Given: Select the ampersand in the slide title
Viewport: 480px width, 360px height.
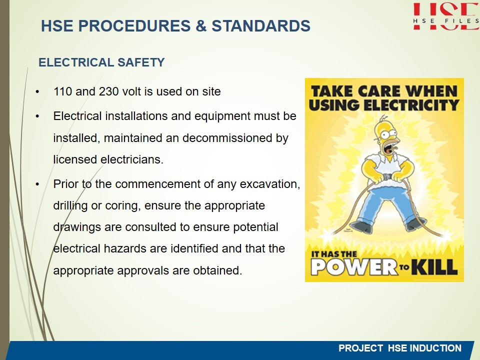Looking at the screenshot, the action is coord(201,25).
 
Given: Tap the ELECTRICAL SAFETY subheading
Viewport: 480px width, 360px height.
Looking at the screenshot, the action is coord(101,62).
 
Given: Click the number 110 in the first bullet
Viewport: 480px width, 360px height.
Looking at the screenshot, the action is coord(63,91).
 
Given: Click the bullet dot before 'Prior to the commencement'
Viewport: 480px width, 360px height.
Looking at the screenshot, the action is coord(37,184).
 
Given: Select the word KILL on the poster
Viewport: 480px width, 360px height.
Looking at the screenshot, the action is coord(434,266).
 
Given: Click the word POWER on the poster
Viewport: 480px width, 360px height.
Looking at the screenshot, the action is coord(354,267).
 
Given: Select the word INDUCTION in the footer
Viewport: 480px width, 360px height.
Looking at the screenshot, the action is coord(435,348).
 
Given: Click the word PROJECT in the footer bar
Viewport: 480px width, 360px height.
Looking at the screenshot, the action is coord(360,348).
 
